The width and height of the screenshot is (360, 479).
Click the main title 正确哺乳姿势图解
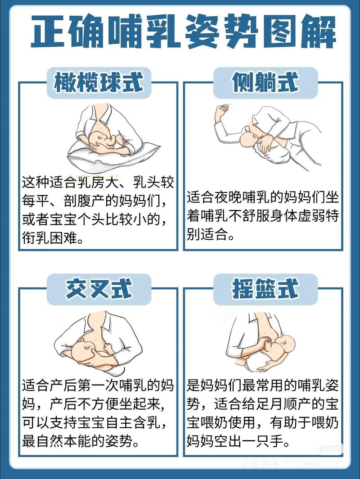pos(180,32)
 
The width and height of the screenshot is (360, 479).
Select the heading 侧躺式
pos(265,83)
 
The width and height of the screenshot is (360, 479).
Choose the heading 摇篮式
pos(265,287)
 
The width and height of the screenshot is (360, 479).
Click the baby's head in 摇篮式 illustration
pos(288,346)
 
